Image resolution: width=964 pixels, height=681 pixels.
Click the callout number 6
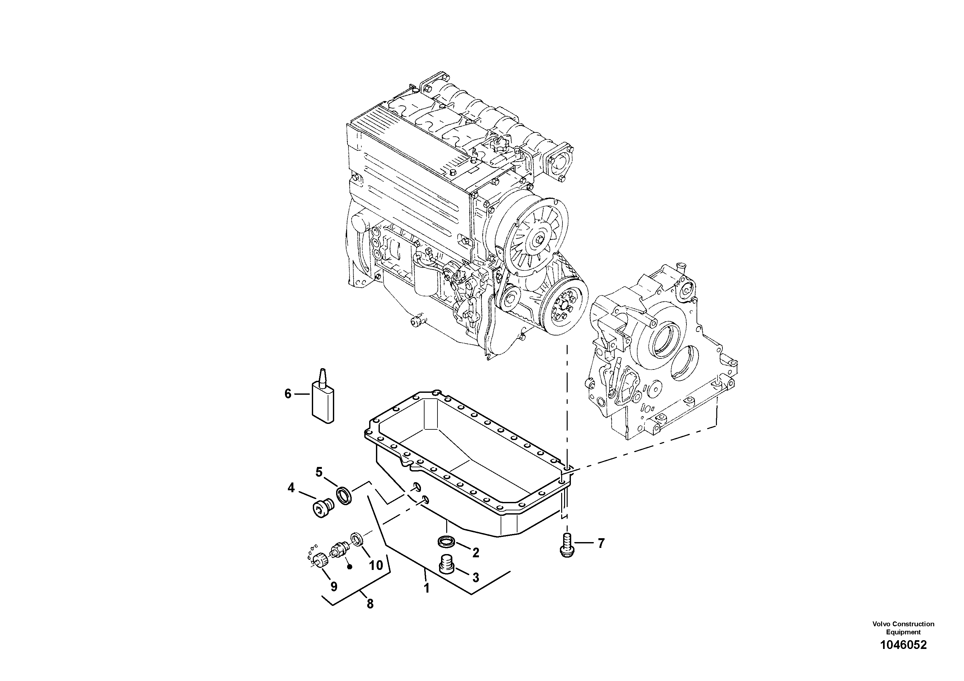point(288,394)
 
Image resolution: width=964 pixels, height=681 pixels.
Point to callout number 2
point(475,552)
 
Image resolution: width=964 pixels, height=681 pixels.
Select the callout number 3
point(475,578)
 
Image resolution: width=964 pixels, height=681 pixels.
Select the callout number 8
point(369,604)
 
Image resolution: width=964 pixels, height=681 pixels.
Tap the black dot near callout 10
point(349,566)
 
